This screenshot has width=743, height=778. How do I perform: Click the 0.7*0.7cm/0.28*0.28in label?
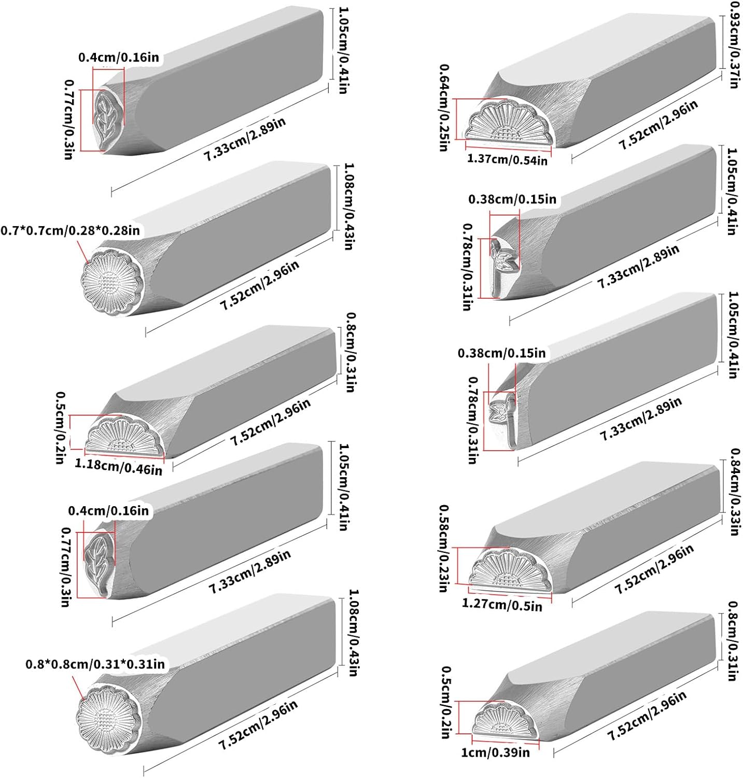71,230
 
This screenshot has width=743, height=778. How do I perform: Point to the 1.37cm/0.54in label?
507,159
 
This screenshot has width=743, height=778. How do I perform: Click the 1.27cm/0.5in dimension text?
501,604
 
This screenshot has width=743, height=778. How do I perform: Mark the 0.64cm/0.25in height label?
444,107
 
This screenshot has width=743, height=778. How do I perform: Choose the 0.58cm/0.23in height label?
444,548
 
